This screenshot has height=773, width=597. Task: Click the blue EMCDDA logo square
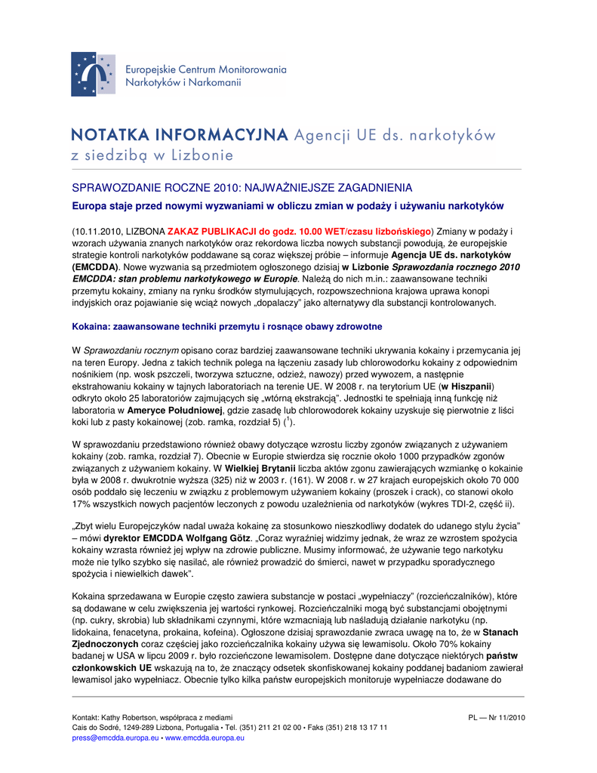click(x=94, y=74)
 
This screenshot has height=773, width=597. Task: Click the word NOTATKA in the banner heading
click(x=112, y=136)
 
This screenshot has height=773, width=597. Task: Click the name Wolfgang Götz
click(x=220, y=539)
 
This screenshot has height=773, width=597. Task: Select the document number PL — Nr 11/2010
click(x=497, y=717)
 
